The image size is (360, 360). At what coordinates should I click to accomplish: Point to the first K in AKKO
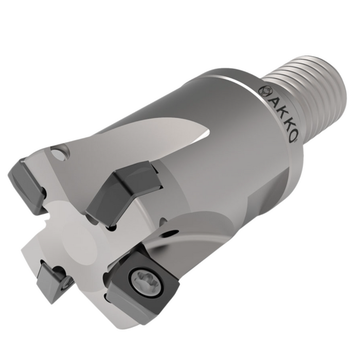[x=279, y=114]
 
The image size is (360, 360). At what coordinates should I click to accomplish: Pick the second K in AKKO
[x=286, y=125]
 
